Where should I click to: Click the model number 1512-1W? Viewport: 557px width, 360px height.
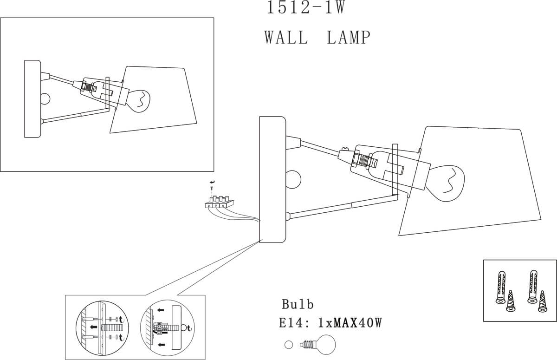tap(305, 8)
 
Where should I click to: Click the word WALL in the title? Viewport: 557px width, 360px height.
tap(286, 37)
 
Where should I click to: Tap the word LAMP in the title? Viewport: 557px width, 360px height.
tap(349, 37)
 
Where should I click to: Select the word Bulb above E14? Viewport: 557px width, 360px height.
tap(298, 304)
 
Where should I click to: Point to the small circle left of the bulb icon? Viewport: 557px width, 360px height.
tap(289, 345)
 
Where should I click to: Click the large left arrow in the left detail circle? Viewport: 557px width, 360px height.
tap(93, 327)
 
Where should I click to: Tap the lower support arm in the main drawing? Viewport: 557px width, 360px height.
tap(343, 207)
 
